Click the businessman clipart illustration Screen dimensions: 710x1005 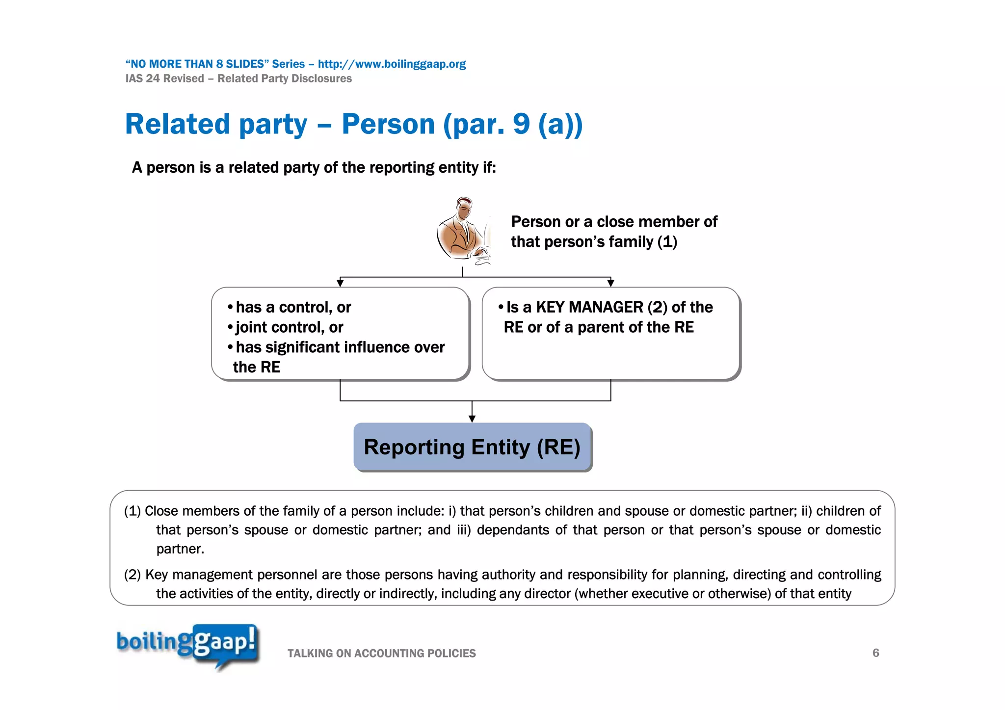(463, 231)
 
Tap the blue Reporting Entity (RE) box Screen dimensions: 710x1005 (472, 447)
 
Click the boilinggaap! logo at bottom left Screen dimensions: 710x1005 (187, 645)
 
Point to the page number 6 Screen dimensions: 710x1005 (875, 653)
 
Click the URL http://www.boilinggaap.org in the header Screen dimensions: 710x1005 (392, 64)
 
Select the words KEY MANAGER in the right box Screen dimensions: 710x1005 (589, 307)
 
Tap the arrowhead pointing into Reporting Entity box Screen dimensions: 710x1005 (472, 419)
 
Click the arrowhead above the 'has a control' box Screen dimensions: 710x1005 (340, 283)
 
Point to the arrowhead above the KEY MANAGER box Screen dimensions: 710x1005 (610, 283)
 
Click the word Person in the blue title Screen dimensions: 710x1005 (388, 124)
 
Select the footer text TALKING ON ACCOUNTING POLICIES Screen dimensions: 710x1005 (381, 654)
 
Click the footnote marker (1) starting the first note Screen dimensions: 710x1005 (132, 511)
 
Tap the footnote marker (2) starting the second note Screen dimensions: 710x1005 (132, 575)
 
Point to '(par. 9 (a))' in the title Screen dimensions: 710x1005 (512, 124)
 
